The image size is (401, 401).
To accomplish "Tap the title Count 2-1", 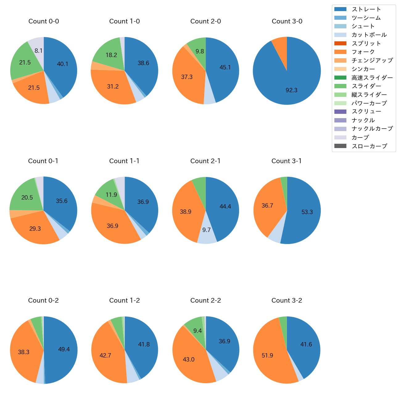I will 205,161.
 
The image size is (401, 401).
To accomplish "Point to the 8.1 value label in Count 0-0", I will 39,51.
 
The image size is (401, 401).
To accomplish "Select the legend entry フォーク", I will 363,52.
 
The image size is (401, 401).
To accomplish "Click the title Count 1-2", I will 125,300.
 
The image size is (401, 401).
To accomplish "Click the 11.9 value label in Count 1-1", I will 111,195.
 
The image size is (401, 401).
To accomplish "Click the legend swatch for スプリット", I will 340,43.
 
